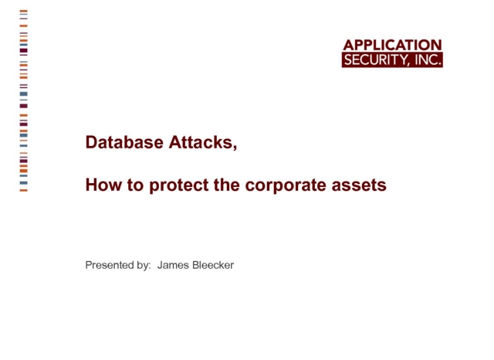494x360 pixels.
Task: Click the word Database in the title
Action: click(x=124, y=142)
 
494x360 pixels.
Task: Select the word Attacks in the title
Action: click(x=201, y=142)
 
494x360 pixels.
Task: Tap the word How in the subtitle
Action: click(x=103, y=185)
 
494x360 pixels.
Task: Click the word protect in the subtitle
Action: click(x=178, y=185)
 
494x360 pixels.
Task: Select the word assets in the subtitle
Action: click(x=359, y=185)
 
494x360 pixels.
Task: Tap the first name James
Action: click(x=173, y=265)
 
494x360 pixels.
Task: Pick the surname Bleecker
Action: click(x=213, y=265)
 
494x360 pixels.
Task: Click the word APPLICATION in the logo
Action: click(x=393, y=45)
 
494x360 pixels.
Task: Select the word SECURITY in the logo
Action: click(x=377, y=60)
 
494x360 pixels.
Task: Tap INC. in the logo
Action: click(x=428, y=59)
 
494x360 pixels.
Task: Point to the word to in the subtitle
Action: click(x=136, y=185)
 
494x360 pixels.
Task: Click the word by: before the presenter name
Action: click(x=144, y=265)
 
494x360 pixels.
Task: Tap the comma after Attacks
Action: click(x=235, y=148)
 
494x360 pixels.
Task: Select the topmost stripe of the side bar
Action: click(x=24, y=11)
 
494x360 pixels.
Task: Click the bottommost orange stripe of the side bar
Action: click(x=24, y=190)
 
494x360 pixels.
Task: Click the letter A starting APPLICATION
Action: click(x=348, y=45)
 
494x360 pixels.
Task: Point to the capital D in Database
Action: click(x=91, y=142)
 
